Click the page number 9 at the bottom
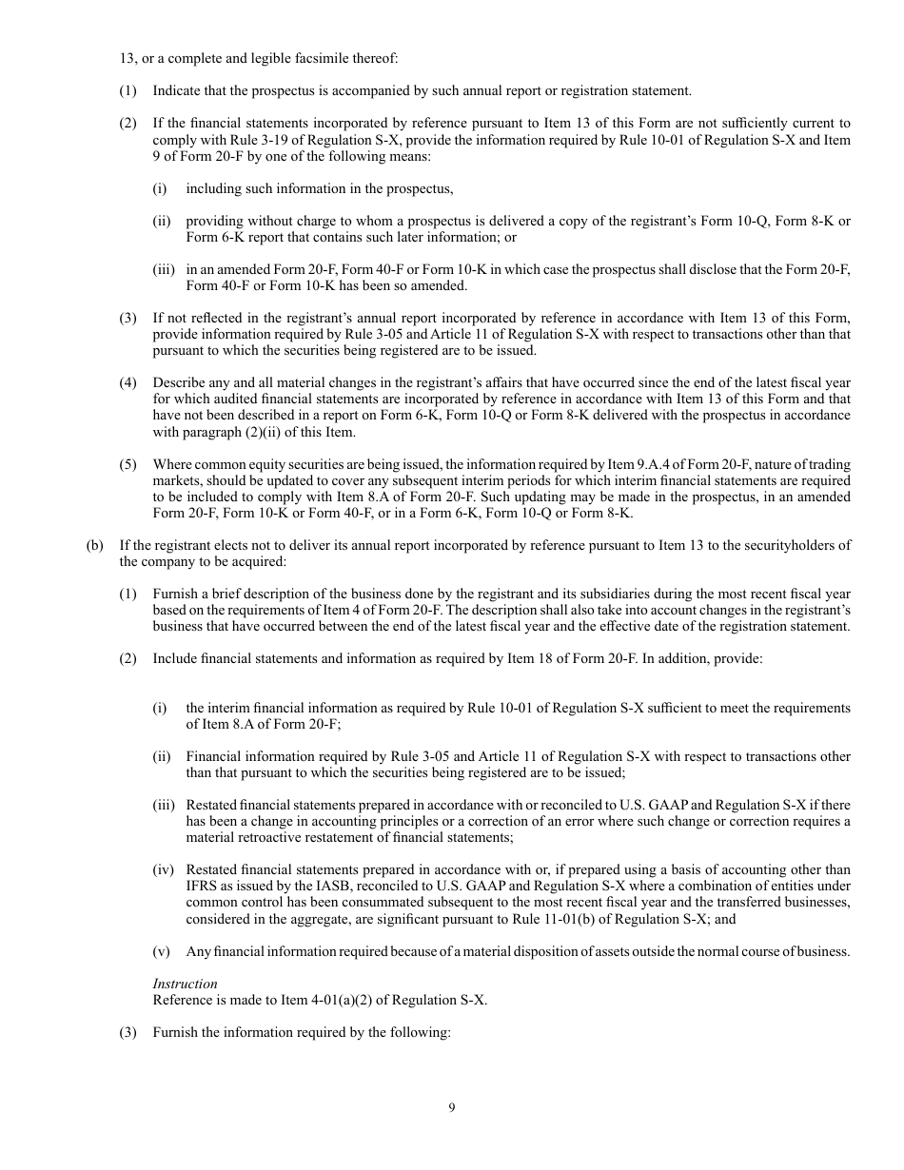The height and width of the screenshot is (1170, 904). (452, 1107)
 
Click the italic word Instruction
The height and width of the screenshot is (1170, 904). (185, 984)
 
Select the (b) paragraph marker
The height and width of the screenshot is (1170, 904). (94, 545)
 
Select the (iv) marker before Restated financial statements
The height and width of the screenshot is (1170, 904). (163, 869)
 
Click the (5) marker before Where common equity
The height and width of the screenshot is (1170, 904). (128, 464)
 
